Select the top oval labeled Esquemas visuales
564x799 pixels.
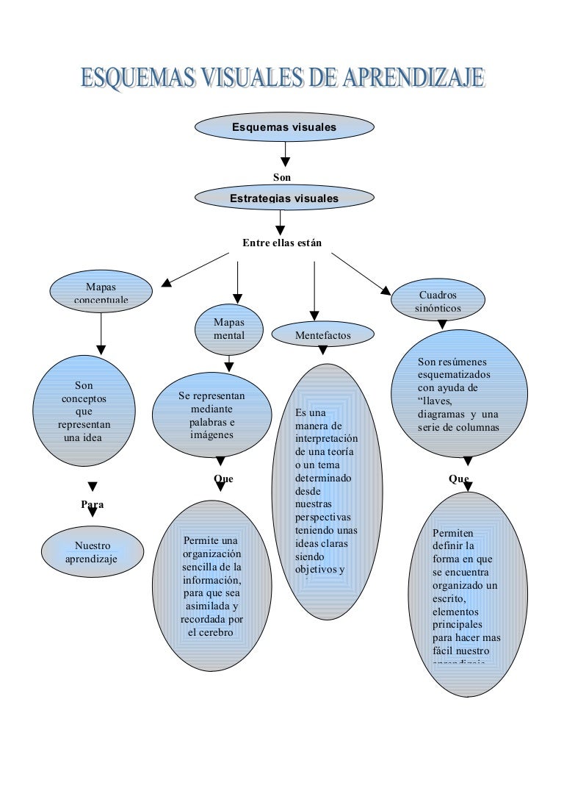284,127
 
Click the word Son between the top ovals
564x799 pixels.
282,177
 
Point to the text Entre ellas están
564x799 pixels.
282,243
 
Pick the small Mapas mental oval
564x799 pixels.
228,329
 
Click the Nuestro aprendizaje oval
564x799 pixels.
92,553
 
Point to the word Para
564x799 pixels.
93,505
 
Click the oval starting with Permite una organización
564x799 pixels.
211,587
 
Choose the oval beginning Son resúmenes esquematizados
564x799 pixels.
459,395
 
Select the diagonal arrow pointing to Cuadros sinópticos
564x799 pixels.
361,273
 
